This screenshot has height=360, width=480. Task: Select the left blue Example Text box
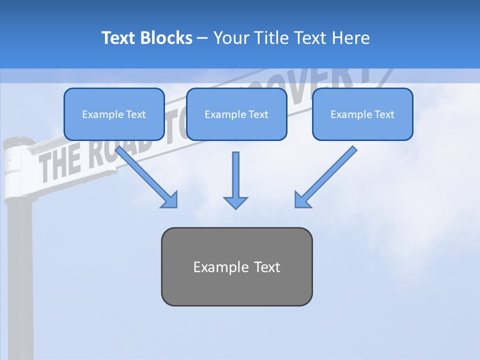coord(114,114)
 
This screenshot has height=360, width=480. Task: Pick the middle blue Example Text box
coord(236,114)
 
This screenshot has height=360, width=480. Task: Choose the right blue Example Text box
coord(362,114)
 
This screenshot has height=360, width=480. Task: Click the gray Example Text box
coord(236,266)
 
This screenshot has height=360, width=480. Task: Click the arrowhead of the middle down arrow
coord(235,202)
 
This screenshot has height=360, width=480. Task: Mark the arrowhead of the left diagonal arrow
coord(169,199)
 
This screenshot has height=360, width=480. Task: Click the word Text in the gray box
coord(267,267)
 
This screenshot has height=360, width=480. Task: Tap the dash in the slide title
coord(202,38)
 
